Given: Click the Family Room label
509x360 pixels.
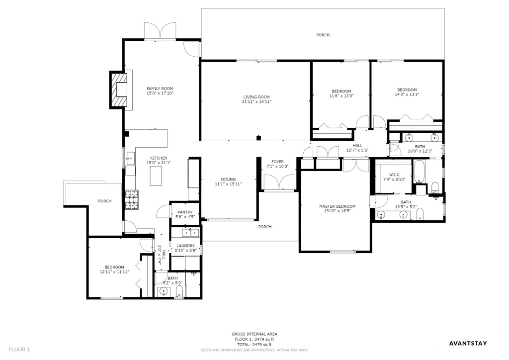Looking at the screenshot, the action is coord(160,89).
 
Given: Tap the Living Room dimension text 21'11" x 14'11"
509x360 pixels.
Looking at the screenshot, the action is coord(256,101).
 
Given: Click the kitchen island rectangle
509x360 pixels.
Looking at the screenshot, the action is coord(156,176).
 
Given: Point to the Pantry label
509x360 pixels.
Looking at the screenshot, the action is coord(185,212).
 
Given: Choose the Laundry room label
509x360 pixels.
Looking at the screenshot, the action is coord(186,246).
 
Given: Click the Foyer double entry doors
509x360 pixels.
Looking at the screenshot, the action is coord(279,182).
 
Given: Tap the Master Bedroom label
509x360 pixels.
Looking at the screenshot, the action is coord(338,206).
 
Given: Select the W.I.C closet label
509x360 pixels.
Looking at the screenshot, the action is coord(394,175).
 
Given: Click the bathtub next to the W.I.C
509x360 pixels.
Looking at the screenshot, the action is coord(419,171).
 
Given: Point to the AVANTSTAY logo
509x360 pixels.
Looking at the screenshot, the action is coord(468,344).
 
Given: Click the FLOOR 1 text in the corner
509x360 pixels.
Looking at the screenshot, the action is coord(19,350).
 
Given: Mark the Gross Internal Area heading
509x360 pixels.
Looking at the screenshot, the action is coord(254,334).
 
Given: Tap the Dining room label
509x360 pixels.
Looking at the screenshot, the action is coord(228,179).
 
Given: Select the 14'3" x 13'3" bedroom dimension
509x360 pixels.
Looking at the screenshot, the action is coord(407,94).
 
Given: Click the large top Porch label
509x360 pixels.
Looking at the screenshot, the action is coord(323,35).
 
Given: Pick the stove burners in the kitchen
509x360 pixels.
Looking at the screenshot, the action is coord(132,199).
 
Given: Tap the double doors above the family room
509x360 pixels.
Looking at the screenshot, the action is coord(160,31).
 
